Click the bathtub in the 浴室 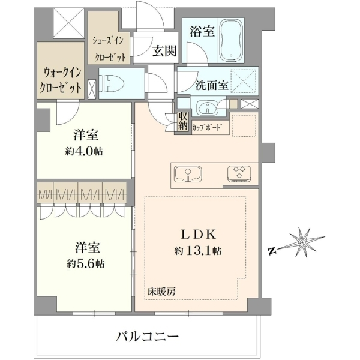[231, 40]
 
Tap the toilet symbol [112, 83]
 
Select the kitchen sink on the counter [188, 174]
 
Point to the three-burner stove [239, 174]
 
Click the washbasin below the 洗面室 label [208, 107]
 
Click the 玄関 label [164, 51]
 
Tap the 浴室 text [202, 31]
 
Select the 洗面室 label [212, 85]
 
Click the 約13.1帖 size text [197, 251]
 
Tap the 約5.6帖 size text [85, 263]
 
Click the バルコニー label [147, 337]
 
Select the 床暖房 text [162, 292]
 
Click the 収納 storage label [183, 121]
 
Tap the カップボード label [208, 127]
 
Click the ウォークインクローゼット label [61, 80]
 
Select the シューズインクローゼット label [109, 49]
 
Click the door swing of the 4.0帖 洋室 [68, 113]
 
